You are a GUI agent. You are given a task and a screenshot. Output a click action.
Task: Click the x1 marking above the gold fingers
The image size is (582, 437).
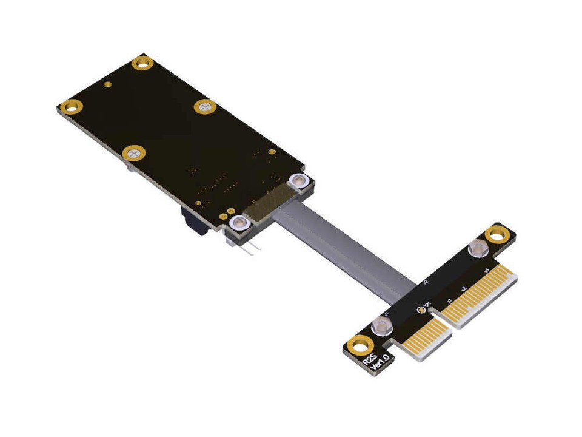tap(449, 300)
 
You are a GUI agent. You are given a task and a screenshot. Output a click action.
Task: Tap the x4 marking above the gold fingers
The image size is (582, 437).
tap(486, 271)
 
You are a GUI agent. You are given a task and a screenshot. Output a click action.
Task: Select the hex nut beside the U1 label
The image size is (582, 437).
tap(382, 326)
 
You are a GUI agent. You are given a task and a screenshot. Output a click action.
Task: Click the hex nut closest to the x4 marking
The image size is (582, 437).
tap(478, 248)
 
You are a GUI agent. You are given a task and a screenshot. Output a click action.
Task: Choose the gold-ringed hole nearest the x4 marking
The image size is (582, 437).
tap(497, 232)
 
